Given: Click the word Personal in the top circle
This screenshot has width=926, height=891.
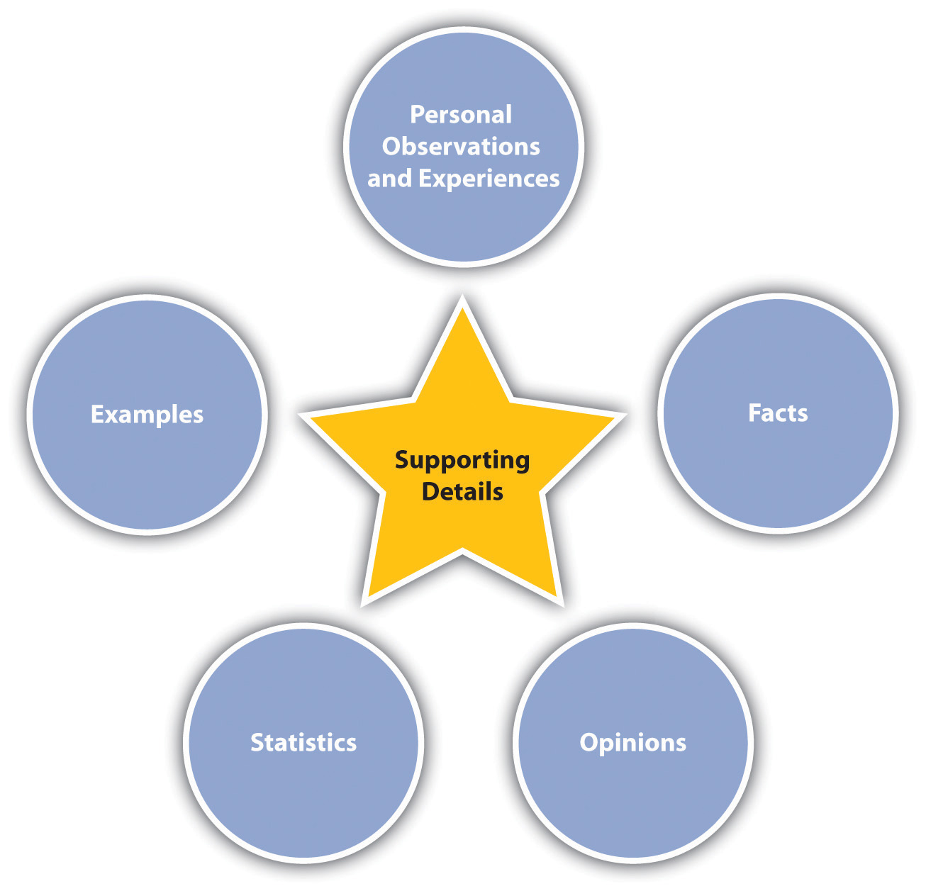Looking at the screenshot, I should click(461, 115).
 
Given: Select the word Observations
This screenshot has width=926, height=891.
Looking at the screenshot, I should click(461, 147).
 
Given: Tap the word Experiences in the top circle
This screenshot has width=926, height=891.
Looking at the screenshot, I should click(489, 179).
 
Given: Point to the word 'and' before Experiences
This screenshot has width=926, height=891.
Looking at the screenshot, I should click(389, 179).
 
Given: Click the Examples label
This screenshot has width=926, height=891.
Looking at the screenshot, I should click(147, 415).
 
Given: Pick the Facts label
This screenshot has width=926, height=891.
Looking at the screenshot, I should click(778, 413).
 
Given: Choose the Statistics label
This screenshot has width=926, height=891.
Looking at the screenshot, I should click(303, 743).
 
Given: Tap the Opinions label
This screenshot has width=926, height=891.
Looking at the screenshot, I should click(632, 743).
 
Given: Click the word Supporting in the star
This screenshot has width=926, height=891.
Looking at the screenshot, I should click(462, 461).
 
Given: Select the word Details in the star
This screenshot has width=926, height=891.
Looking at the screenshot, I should click(462, 492).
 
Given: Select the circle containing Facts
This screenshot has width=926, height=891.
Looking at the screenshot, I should click(778, 468).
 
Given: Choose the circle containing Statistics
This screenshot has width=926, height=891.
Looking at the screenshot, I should click(303, 794).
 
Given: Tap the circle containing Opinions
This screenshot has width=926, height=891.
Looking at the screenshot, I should click(632, 794).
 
